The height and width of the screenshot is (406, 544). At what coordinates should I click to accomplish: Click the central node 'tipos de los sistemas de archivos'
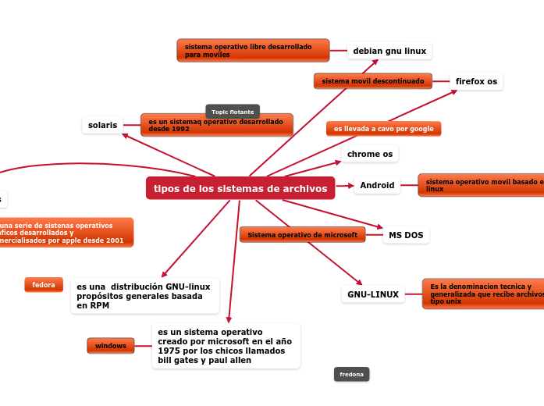click(x=240, y=188)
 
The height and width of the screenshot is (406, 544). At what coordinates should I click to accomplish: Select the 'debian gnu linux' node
click(x=389, y=51)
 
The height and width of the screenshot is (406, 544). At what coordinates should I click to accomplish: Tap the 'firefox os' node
click(x=476, y=81)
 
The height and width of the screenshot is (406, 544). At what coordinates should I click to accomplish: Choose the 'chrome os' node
click(x=370, y=154)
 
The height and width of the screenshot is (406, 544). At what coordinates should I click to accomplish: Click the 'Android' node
click(x=378, y=186)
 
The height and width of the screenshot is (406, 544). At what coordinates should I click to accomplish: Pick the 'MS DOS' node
click(x=406, y=235)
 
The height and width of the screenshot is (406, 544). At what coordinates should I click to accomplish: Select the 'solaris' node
click(x=103, y=125)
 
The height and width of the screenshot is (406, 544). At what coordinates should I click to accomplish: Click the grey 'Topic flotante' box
click(x=233, y=112)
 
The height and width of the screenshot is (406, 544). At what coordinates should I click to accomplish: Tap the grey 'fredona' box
click(x=351, y=375)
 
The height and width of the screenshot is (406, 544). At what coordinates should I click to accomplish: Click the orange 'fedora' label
click(x=44, y=285)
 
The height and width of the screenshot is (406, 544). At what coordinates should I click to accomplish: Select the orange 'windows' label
click(x=111, y=345)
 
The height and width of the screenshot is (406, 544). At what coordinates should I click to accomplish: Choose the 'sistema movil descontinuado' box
click(x=373, y=81)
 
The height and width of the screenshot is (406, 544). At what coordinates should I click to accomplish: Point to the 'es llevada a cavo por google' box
click(x=383, y=129)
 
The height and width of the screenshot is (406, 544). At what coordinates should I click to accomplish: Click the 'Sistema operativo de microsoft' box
click(x=302, y=234)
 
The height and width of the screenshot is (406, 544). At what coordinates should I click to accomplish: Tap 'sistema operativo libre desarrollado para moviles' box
click(x=253, y=51)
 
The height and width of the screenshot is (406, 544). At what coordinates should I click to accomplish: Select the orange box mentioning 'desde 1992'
click(x=216, y=125)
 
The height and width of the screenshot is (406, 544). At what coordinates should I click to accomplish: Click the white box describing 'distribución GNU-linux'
click(x=145, y=296)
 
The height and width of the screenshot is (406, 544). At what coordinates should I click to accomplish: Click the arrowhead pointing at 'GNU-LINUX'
click(x=359, y=283)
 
